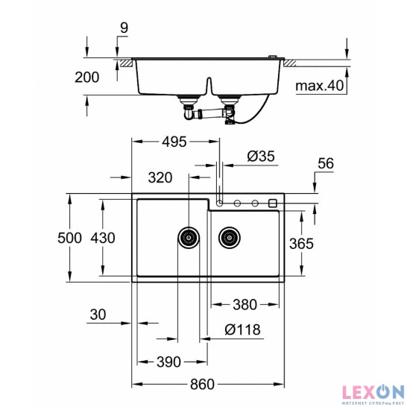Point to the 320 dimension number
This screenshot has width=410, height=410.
(x=160, y=177)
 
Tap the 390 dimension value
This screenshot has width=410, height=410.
(x=168, y=362)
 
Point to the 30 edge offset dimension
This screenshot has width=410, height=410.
(x=97, y=315)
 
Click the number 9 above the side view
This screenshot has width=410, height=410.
(x=123, y=28)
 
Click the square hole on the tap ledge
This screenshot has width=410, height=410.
(x=273, y=203)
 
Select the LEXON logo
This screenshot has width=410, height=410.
(x=373, y=391)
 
